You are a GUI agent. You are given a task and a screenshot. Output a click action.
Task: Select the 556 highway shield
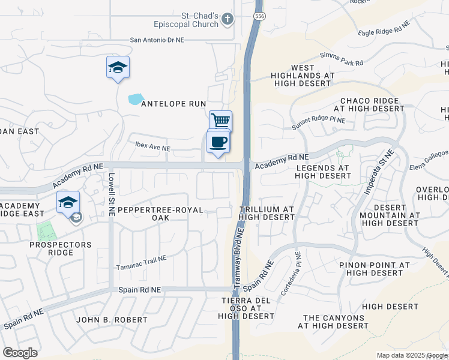pos(259,16)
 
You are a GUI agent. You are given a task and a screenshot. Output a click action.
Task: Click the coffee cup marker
pos(218,143)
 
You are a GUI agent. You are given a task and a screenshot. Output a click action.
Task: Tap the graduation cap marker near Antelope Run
pos(118,68)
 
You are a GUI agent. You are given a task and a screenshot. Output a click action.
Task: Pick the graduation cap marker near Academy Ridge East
pos(68,202)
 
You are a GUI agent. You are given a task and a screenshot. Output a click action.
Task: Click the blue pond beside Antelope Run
pos(136,98)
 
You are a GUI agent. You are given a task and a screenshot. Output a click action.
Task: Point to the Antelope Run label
pos(173,104)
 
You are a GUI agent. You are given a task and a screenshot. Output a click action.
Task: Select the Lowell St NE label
pos(112,186)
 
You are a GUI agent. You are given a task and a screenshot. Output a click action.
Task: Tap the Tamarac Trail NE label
pos(140,262)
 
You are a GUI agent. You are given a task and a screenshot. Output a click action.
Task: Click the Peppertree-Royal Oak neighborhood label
pos(161,214)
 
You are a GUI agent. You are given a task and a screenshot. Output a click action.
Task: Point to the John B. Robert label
pos(112,320)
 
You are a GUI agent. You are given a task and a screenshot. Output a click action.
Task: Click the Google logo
pos(20,353)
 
